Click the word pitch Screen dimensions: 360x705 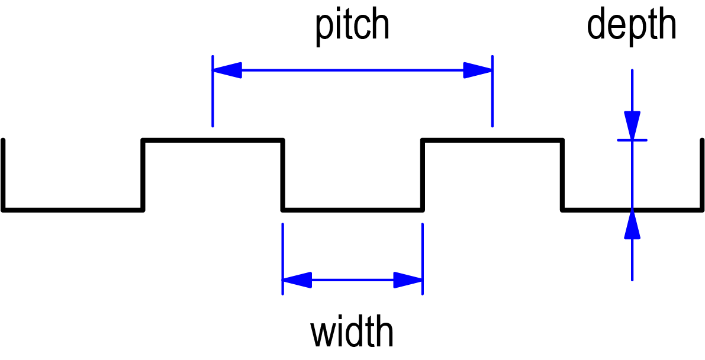tap(352, 27)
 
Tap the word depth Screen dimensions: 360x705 tap(632, 27)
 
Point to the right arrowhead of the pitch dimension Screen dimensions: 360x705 tap(477, 70)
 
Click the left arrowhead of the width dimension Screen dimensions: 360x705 tap(297, 279)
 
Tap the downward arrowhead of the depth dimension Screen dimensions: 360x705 tap(632, 126)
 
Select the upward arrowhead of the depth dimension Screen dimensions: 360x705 tap(632, 224)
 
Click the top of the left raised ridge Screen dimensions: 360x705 tap(213, 140)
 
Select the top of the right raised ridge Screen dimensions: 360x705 tap(492, 140)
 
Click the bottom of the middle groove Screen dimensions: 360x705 tap(352, 209)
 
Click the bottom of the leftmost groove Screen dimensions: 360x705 tap(72, 209)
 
